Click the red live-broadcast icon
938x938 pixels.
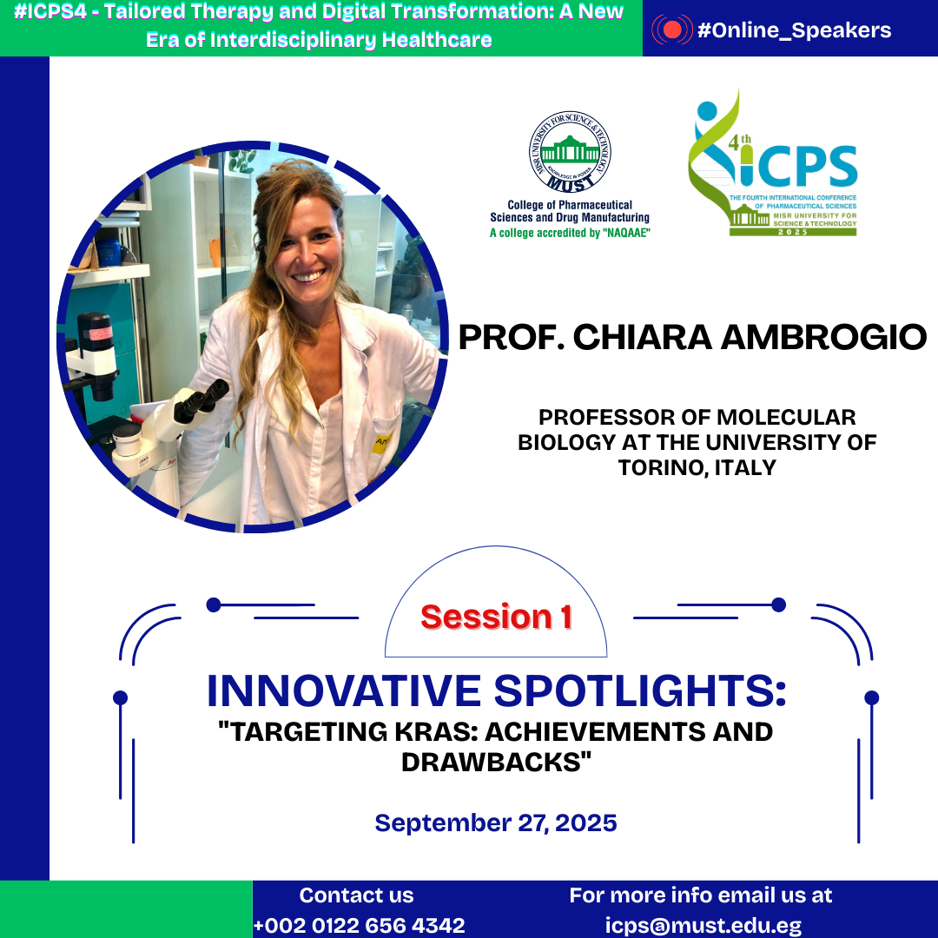(x=671, y=30)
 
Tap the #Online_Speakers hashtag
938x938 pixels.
(x=795, y=30)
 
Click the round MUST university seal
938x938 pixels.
(x=570, y=152)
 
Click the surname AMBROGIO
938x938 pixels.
(x=823, y=337)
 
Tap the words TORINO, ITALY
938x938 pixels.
(x=697, y=468)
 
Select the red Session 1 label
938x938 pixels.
(x=497, y=617)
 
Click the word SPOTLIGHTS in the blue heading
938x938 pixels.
(x=639, y=691)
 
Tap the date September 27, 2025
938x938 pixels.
(x=496, y=823)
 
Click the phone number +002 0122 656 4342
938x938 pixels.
(x=359, y=926)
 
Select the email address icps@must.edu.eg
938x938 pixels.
(x=703, y=926)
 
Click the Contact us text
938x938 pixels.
(x=357, y=895)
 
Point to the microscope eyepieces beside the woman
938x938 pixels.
(x=201, y=400)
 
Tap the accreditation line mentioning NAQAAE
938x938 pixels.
(x=570, y=233)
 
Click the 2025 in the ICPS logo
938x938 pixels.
(x=793, y=232)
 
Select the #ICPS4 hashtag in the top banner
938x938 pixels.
(x=50, y=11)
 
